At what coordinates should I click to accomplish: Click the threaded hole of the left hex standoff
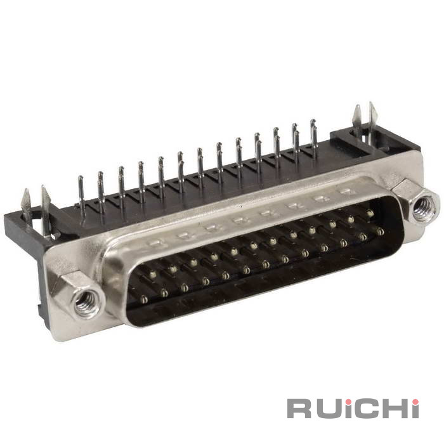pyautogui.click(x=86, y=302)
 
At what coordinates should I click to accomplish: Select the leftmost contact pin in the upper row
pyautogui.click(x=153, y=274)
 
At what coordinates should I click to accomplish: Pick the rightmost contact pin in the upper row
pyautogui.click(x=369, y=212)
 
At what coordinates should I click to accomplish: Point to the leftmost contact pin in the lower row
pyautogui.click(x=144, y=299)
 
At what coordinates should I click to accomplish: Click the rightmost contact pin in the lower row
pyautogui.click(x=381, y=232)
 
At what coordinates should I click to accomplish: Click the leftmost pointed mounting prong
pyautogui.click(x=27, y=204)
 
